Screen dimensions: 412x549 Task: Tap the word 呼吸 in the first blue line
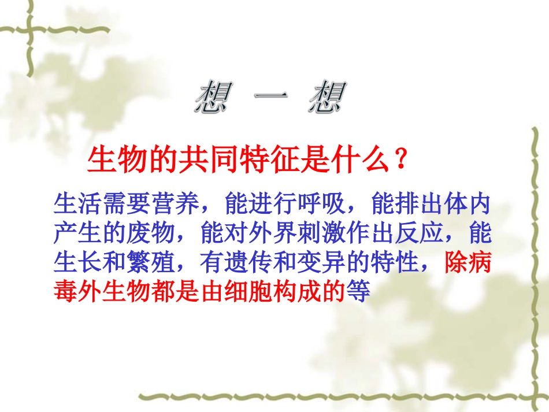click(322, 204)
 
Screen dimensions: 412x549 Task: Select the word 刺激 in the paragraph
click(322, 233)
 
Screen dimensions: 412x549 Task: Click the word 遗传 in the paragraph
click(248, 263)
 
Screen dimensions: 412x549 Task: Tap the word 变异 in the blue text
click(322, 263)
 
